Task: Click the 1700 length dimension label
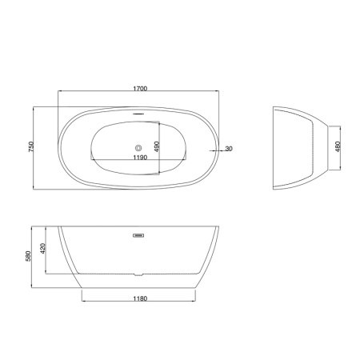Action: (140, 89)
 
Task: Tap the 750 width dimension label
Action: (31, 147)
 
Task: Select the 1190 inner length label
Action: (140, 158)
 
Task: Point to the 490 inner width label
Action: (157, 146)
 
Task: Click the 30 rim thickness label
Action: (229, 149)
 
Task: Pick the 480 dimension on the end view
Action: (338, 146)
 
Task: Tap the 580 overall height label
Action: (28, 256)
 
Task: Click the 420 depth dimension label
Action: (42, 249)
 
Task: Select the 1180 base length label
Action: (140, 298)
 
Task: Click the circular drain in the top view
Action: (138, 147)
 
